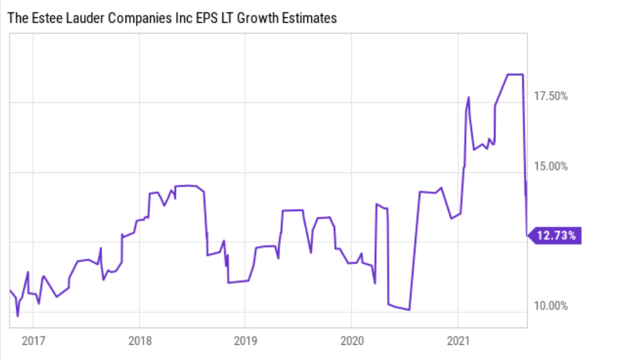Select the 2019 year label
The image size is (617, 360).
click(x=245, y=340)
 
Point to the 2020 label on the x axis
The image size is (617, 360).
click(x=351, y=340)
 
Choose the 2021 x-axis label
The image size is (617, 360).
click(x=458, y=340)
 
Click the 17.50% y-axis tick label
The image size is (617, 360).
click(x=551, y=97)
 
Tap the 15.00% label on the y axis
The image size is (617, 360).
click(x=551, y=166)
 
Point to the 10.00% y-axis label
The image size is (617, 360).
click(x=551, y=306)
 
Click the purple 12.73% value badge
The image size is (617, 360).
click(x=556, y=236)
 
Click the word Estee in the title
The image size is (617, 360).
click(x=45, y=19)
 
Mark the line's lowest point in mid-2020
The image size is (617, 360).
click(x=409, y=310)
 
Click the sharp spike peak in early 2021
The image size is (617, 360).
click(x=469, y=97)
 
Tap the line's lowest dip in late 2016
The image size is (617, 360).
click(x=18, y=316)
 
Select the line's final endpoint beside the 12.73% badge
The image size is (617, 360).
click(x=527, y=234)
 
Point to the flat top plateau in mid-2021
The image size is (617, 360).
click(x=515, y=74)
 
